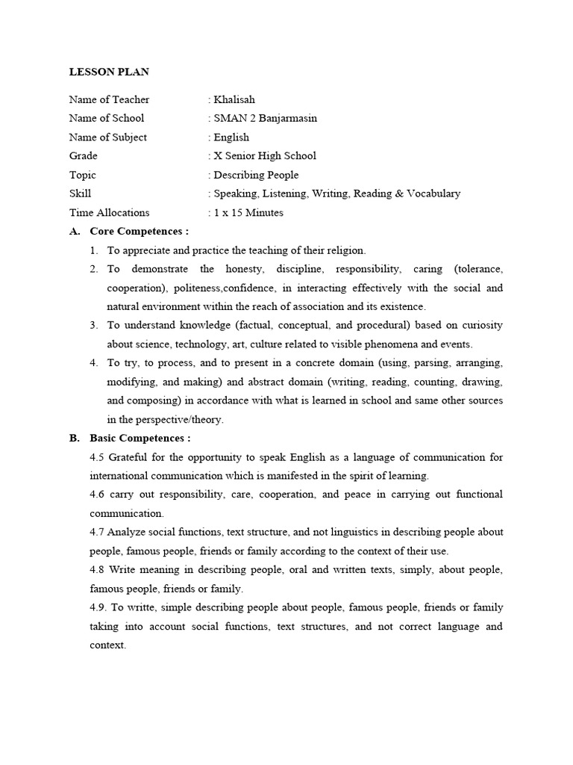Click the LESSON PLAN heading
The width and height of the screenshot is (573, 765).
pos(109,72)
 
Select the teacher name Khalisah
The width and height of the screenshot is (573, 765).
pos(235,99)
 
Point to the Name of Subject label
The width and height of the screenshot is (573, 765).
pos(108,137)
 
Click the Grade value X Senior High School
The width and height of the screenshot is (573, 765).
pos(265,156)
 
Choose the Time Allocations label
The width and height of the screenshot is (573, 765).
pos(109,213)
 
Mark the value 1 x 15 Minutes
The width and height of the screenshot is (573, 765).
pos(248,213)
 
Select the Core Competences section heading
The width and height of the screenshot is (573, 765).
pos(139,232)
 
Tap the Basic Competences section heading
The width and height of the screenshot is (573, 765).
pos(140,438)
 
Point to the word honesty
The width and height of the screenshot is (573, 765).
pos(238,269)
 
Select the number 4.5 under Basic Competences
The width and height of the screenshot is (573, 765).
pos(98,456)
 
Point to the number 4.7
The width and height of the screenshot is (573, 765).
pos(98,532)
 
